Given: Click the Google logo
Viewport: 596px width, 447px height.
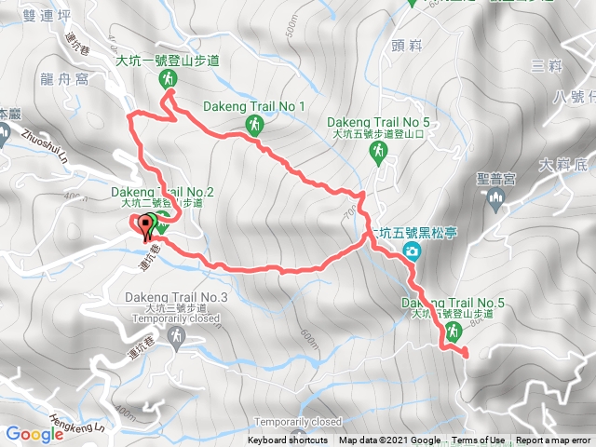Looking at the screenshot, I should [34, 434].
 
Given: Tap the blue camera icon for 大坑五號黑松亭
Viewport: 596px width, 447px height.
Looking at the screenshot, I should [411, 251].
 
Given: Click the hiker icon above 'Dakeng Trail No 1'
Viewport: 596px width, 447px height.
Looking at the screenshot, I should [253, 125].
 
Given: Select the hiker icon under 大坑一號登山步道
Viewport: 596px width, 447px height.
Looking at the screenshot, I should [167, 81].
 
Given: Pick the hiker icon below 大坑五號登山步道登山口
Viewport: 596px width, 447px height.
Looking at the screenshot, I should [378, 156].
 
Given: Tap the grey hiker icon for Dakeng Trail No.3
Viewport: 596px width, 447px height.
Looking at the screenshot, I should [175, 335].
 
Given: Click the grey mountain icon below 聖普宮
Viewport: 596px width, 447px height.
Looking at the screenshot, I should [494, 196].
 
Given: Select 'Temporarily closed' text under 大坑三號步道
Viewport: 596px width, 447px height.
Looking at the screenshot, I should [176, 318].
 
